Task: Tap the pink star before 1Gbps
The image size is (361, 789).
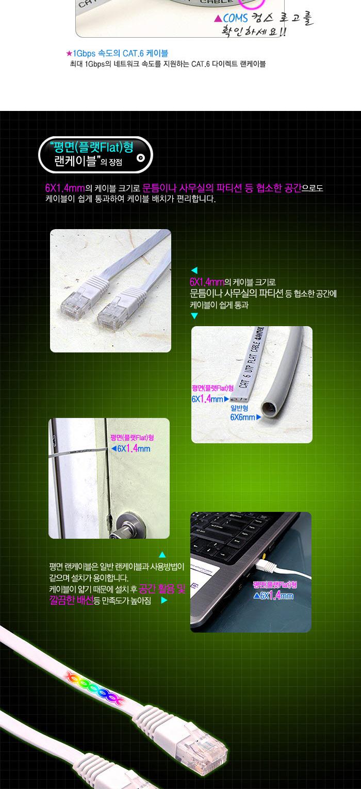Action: pos(69,53)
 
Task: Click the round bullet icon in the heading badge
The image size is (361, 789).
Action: pos(141,158)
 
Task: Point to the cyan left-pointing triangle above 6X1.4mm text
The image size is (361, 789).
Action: pos(194,270)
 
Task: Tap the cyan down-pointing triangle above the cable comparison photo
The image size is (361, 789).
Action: pos(194,316)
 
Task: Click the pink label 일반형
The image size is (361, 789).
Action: pos(239,408)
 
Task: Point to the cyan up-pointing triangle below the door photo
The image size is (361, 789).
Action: pos(162,555)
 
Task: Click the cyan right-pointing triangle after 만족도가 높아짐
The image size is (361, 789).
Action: pos(164,600)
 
